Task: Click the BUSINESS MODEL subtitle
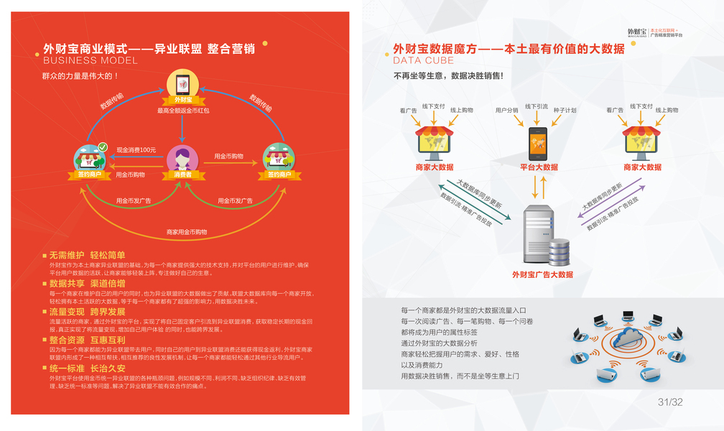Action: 86,60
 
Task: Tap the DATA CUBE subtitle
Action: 423,60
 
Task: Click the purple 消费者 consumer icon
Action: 183,158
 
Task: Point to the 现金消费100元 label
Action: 136,149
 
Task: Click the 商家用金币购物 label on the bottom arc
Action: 186,232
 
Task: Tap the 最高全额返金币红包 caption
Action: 183,111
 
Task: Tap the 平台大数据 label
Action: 539,167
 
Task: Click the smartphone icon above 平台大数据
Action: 539,144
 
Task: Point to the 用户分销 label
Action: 506,111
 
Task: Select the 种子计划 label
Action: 565,111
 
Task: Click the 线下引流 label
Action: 536,106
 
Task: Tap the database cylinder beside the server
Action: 558,251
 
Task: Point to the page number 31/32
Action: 670,402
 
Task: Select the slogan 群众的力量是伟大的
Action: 80,75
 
